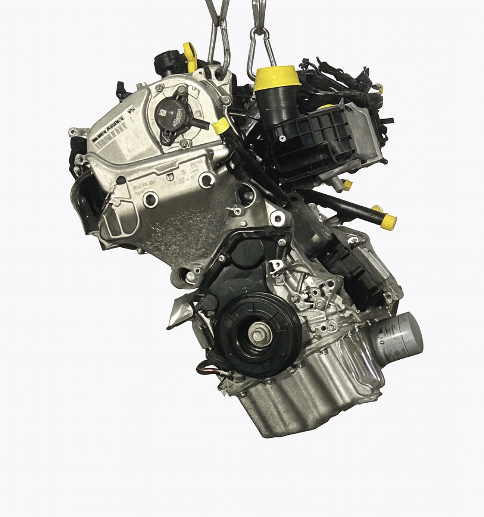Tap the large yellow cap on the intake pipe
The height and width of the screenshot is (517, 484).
coord(272,79)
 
